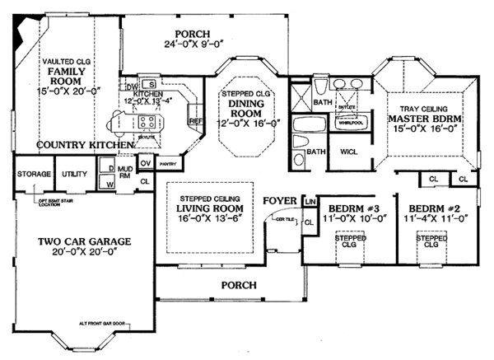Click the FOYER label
coord(280,200)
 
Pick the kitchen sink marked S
coord(152,84)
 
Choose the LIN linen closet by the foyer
coord(310,201)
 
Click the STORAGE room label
coord(35,175)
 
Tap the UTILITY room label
coord(75,175)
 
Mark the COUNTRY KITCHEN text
coord(73,144)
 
